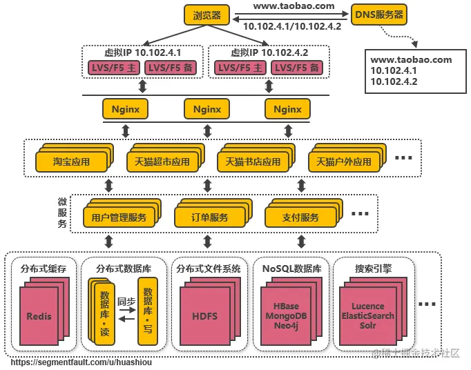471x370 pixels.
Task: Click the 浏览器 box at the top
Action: point(207,14)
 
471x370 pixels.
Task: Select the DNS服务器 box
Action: point(379,14)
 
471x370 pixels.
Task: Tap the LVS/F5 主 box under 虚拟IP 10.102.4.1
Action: point(113,68)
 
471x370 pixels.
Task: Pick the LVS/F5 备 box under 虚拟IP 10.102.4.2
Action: point(297,68)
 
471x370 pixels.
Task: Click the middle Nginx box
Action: point(206,109)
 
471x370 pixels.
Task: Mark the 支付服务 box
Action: point(300,217)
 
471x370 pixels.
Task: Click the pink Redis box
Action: point(39,316)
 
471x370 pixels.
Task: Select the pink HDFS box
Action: point(204,316)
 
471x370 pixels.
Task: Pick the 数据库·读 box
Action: point(104,314)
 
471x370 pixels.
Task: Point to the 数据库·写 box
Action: point(147,311)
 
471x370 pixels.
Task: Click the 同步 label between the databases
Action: point(126,302)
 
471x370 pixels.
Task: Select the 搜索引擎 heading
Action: point(373,269)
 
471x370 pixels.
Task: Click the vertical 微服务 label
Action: point(62,213)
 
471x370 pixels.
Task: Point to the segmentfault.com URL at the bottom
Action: point(81,362)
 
